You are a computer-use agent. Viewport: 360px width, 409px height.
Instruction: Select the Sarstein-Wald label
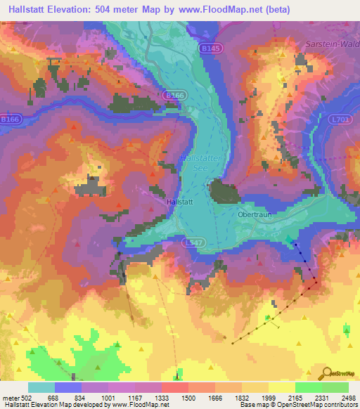(x=332, y=44)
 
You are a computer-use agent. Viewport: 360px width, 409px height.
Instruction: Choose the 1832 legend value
(x=243, y=398)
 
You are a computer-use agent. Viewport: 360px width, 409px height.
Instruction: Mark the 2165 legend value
(x=295, y=398)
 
